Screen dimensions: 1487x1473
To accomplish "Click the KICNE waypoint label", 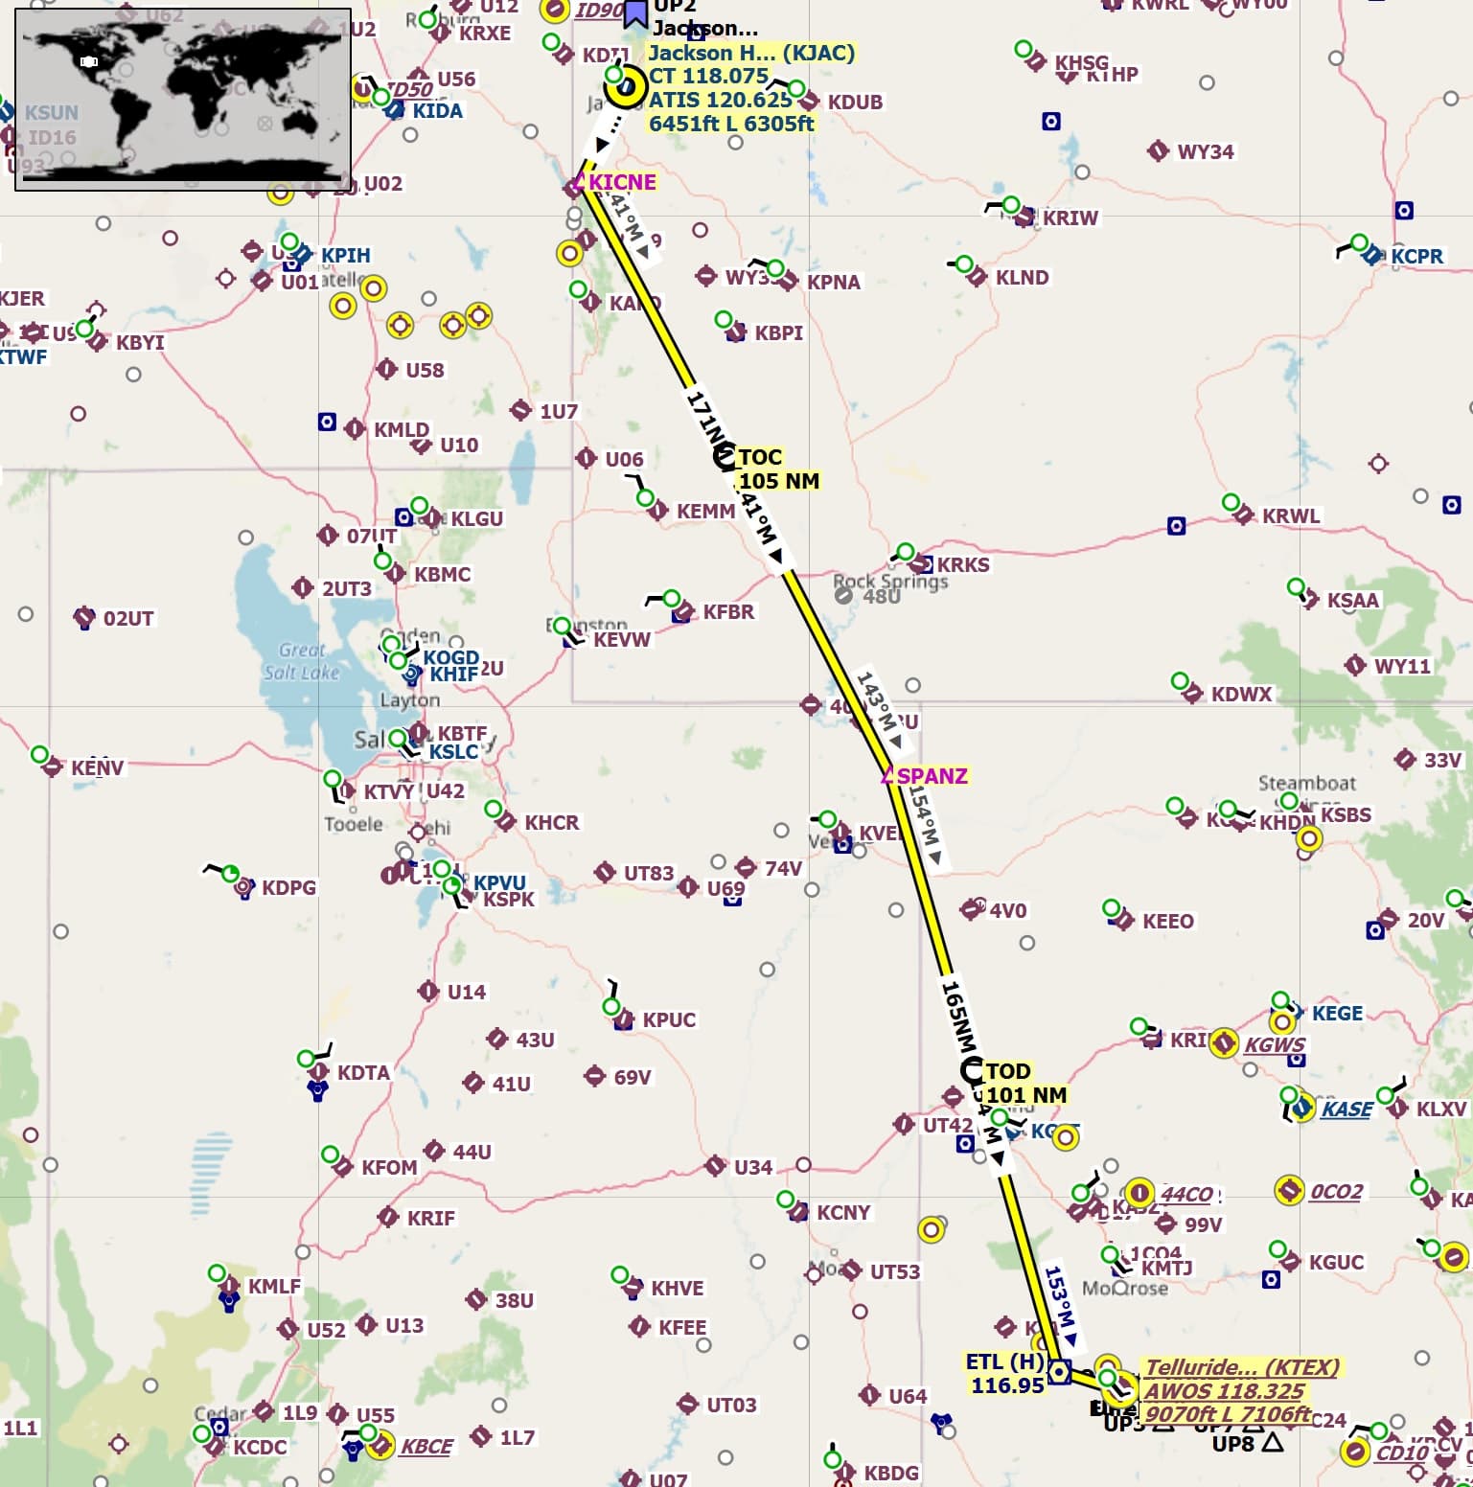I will tap(622, 182).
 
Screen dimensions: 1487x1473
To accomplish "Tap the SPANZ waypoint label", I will tap(932, 775).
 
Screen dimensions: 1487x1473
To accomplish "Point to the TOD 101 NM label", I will tap(1025, 1083).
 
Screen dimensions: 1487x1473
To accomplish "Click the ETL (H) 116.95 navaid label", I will tap(1005, 1373).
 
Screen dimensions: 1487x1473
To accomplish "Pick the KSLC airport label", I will tap(452, 752).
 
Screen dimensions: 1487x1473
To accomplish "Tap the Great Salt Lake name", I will tap(302, 661).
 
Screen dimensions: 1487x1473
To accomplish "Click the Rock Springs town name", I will tap(890, 582).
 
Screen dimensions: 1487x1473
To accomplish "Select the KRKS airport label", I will tap(962, 564).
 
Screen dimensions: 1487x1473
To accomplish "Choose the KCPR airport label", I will tap(1416, 256).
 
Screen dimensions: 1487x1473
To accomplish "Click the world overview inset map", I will tap(183, 99).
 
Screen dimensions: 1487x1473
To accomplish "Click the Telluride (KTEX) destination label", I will tap(1242, 1367).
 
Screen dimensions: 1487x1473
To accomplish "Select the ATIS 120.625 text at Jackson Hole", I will tap(720, 100).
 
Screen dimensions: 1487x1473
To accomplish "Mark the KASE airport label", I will tap(1346, 1109).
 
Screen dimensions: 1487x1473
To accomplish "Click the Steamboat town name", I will tap(1307, 784).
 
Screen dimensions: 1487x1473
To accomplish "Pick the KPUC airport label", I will tap(669, 1019).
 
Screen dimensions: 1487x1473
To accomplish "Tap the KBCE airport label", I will tap(426, 1446).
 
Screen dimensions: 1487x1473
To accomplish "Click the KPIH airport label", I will tap(345, 255).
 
